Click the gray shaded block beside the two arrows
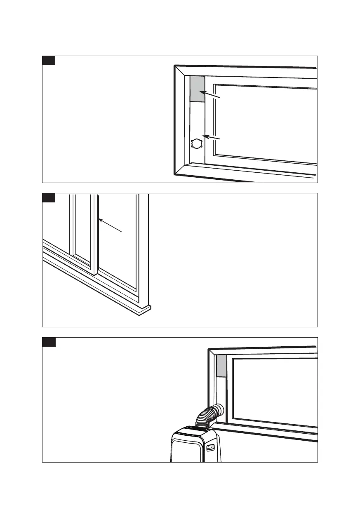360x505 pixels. pyautogui.click(x=197, y=89)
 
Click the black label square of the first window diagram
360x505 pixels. pyautogui.click(x=49, y=61)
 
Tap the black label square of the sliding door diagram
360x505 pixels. pyautogui.click(x=49, y=198)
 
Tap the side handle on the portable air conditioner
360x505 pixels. pyautogui.click(x=211, y=447)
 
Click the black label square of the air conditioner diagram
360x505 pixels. pyautogui.click(x=49, y=342)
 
